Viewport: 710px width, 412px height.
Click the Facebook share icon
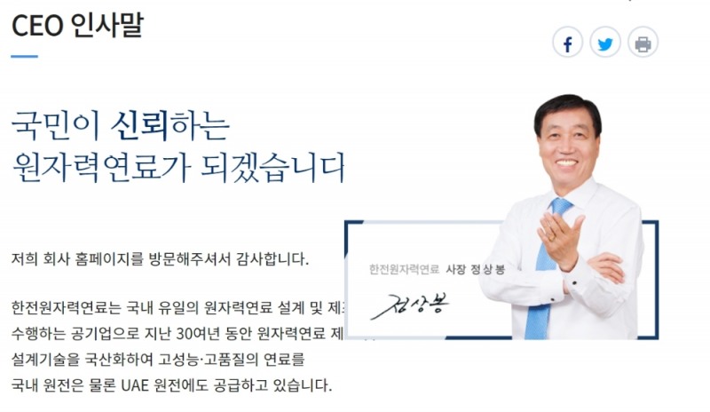pyautogui.click(x=567, y=42)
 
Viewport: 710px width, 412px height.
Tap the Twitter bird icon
pyautogui.click(x=605, y=42)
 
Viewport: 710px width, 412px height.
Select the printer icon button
pyautogui.click(x=643, y=42)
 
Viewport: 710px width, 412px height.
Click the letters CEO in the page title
pyautogui.click(x=36, y=24)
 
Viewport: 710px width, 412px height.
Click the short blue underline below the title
pyautogui.click(x=25, y=56)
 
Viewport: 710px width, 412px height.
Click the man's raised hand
pyautogui.click(x=558, y=236)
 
